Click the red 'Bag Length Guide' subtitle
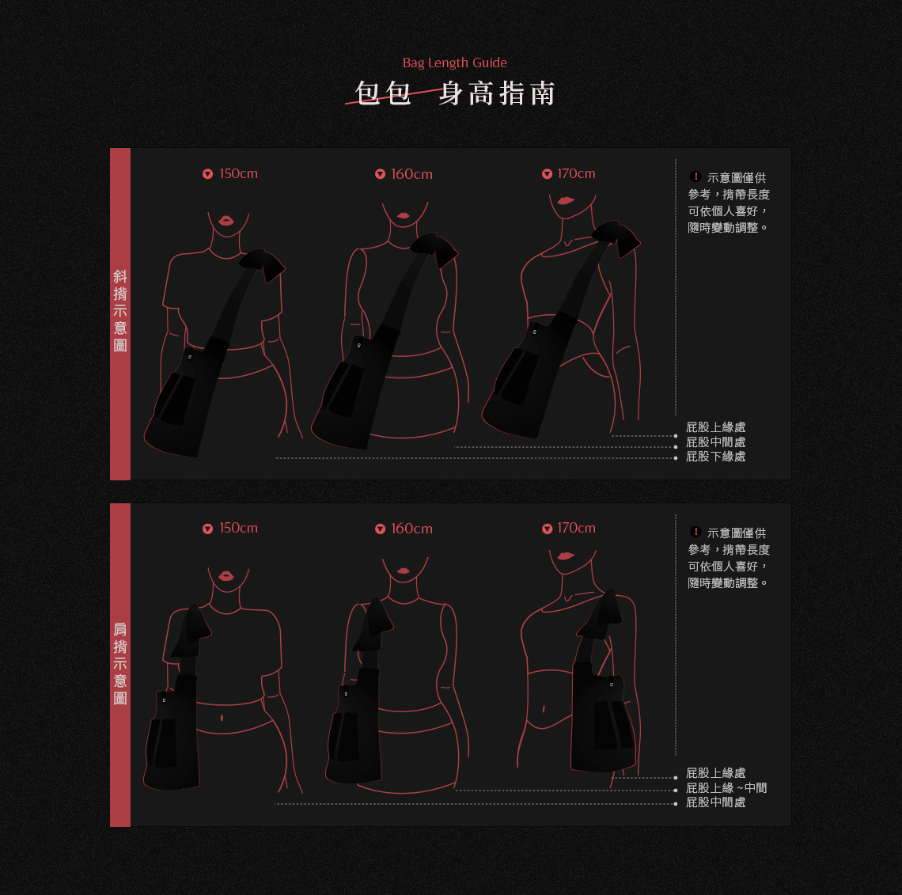[x=454, y=63]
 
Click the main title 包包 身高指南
[x=454, y=93]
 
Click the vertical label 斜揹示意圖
[x=120, y=311]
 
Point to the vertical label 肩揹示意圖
[x=120, y=664]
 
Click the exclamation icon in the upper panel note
[x=695, y=176]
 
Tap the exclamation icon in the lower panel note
[x=695, y=532]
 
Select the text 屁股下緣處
[x=715, y=457]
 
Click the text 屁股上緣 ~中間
[x=726, y=788]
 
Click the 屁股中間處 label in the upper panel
[x=715, y=442]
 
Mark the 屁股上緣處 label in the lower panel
[x=715, y=773]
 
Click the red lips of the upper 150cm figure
[x=226, y=220]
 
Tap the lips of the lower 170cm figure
[x=566, y=556]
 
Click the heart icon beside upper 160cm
[x=381, y=174]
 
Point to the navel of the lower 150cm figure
[x=222, y=718]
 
